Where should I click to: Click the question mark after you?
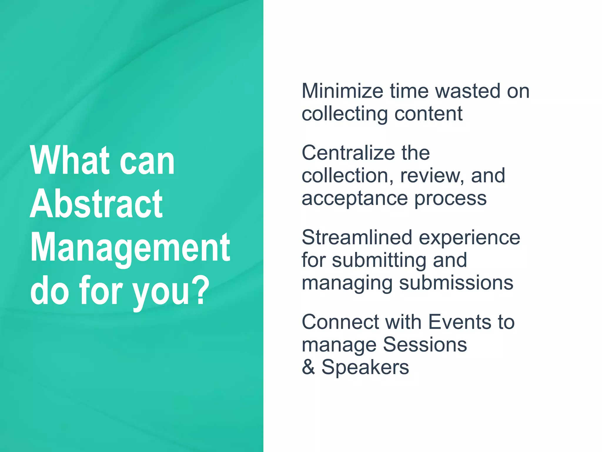[201, 290]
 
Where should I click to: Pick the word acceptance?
[354, 199]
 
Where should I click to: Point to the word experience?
[469, 238]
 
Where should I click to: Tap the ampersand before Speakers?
[308, 367]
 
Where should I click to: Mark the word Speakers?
[365, 368]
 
